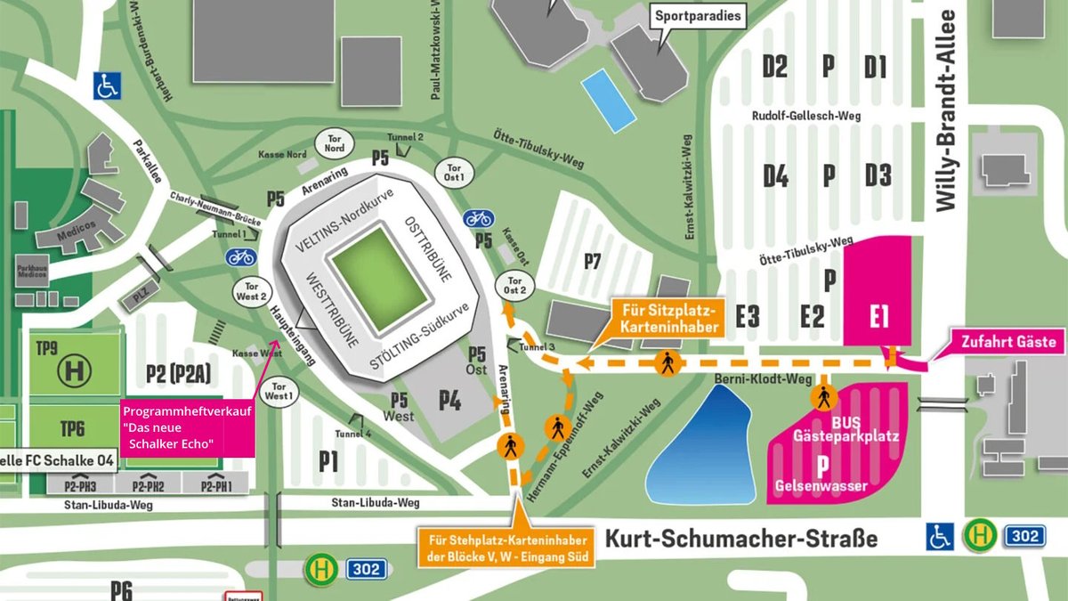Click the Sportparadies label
click(x=698, y=16)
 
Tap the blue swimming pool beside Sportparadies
click(x=608, y=100)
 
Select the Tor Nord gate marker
click(x=335, y=142)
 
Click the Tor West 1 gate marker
click(x=279, y=392)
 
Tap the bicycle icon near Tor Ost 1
click(x=479, y=217)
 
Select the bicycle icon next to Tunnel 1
click(x=240, y=257)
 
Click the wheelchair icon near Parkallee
click(x=108, y=86)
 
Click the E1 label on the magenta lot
click(x=879, y=316)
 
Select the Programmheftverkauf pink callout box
click(x=187, y=428)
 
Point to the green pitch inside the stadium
click(x=380, y=266)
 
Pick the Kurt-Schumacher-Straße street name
click(x=740, y=539)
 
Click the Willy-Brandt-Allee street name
click(x=947, y=111)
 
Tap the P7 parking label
click(x=593, y=261)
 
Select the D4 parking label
click(x=775, y=176)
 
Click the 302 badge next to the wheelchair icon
click(x=1024, y=536)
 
